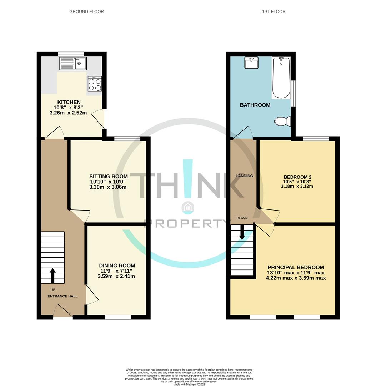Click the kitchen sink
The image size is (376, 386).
pos(73,64)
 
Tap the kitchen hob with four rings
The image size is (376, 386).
pos(95,84)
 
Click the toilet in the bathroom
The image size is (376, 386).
pos(282,122)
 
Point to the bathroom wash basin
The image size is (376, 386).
pos(252,63)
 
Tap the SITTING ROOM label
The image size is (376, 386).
pos(108,177)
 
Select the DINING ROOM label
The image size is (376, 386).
pos(117,266)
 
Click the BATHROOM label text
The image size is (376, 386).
pos(255,105)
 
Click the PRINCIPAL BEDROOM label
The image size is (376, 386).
pos(296,267)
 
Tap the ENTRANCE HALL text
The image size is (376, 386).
pos(62,296)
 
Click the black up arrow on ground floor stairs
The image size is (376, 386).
pos(52,276)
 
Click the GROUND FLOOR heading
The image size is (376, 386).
pos(86,11)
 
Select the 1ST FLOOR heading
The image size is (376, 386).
pos(274,11)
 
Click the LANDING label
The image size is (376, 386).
pos(244,176)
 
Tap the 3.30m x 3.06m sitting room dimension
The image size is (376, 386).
pos(108,187)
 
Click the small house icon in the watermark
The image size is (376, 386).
pos(187,207)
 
